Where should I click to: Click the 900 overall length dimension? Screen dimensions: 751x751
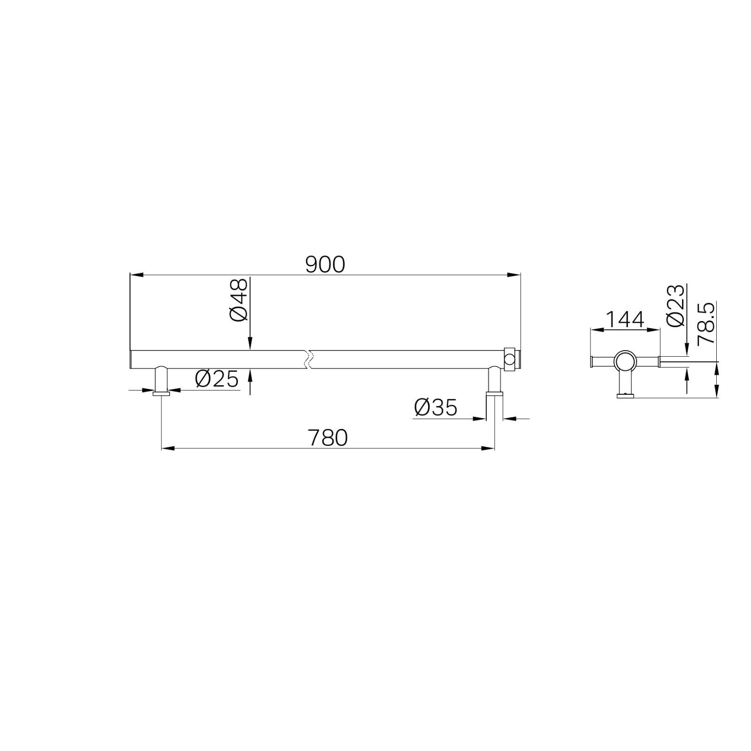325,265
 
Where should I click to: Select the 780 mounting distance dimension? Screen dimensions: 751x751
328,438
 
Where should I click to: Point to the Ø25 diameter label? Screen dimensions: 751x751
216,378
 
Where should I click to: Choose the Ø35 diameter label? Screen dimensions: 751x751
436,407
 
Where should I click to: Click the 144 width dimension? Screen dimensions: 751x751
625,320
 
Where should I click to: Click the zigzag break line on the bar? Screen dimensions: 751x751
308,359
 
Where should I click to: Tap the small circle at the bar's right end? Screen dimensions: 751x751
509,360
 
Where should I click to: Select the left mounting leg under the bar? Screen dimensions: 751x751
161,379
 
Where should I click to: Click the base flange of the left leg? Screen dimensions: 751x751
161,394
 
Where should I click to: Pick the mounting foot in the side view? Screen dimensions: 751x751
625,396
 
